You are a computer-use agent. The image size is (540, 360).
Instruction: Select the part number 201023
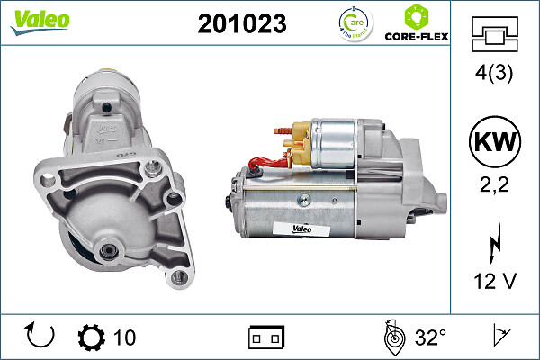241,24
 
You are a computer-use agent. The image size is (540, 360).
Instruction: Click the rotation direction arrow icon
40,337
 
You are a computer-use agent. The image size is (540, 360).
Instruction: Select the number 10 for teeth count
125,337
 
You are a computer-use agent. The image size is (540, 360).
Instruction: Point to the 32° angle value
430,337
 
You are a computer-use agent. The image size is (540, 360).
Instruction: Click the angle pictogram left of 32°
391,337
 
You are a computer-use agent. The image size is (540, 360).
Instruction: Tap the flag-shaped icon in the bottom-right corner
498,337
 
